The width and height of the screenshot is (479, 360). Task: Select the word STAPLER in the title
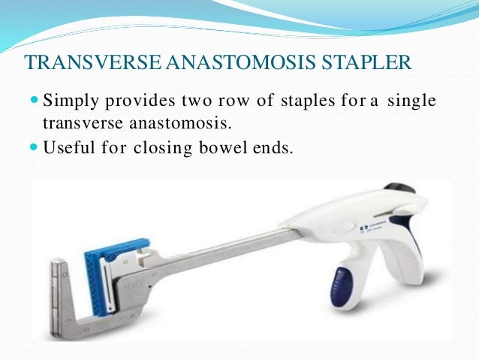pyautogui.click(x=368, y=60)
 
